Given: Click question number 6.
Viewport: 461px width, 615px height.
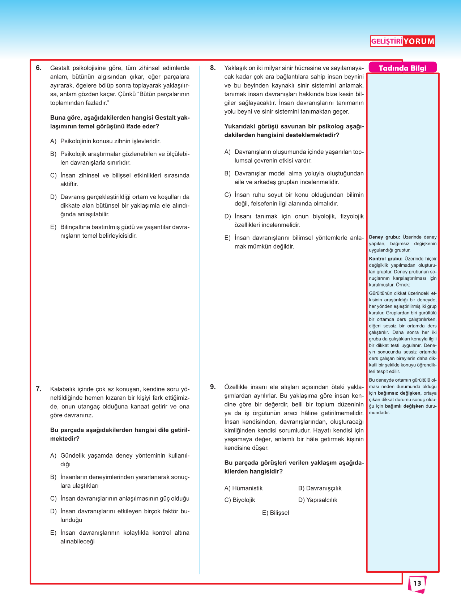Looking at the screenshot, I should click(x=39, y=68).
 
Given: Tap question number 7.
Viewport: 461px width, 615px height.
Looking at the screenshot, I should click(x=39, y=389).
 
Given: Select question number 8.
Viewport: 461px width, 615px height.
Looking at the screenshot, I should click(x=213, y=68).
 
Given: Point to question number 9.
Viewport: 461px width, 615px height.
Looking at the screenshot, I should click(x=213, y=387).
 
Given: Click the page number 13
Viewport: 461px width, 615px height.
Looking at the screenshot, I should click(x=417, y=583).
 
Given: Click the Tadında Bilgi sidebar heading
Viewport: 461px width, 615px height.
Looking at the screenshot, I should click(x=402, y=68).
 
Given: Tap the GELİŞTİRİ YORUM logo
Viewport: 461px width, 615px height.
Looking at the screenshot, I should click(x=402, y=41).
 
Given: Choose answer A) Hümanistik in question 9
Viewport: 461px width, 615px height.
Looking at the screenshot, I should click(x=243, y=488).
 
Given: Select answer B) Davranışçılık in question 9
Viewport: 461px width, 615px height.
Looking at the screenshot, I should click(x=320, y=488).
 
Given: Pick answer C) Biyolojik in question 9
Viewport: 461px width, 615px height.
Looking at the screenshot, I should click(x=240, y=500).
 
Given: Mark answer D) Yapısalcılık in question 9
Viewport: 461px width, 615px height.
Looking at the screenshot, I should click(x=317, y=500).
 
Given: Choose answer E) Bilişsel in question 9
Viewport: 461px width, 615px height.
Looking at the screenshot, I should click(x=276, y=513).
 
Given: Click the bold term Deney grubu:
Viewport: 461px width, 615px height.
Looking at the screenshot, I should click(x=384, y=237).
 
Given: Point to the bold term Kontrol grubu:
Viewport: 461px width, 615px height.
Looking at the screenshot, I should click(x=385, y=259).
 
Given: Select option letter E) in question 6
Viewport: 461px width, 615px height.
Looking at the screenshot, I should click(x=54, y=227).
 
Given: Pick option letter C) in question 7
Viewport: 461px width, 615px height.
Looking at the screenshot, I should click(x=54, y=499).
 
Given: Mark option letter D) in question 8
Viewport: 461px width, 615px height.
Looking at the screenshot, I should click(x=228, y=216).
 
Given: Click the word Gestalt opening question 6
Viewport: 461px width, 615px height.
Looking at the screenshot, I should click(x=60, y=68).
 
